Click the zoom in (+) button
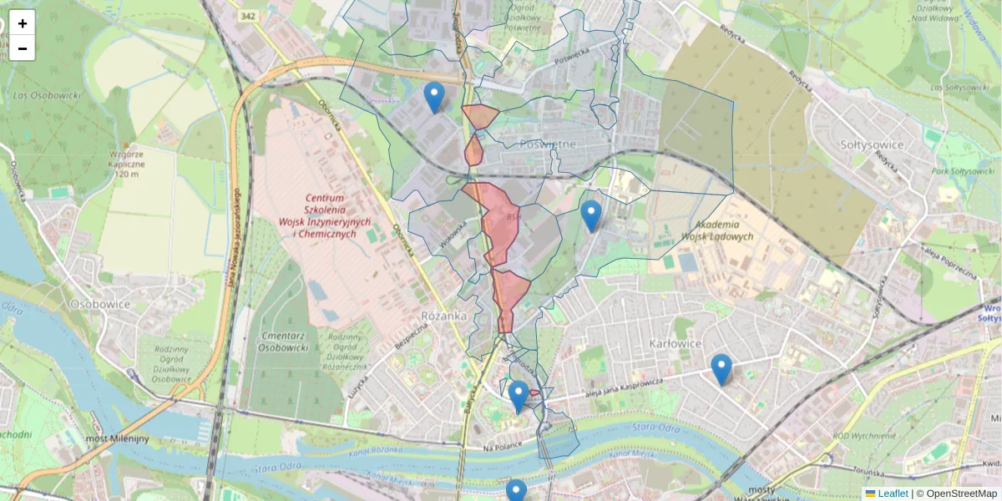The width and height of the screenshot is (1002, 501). tap(23, 23)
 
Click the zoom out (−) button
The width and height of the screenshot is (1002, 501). tap(23, 48)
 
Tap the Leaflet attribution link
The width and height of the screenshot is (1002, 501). tap(892, 493)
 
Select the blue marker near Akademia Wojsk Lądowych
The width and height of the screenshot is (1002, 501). tap(591, 217)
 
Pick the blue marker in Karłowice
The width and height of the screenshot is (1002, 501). tap(721, 370)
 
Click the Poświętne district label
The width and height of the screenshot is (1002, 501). tap(548, 144)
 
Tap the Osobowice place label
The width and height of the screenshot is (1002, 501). tap(100, 304)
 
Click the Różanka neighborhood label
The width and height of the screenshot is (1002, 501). tap(444, 316)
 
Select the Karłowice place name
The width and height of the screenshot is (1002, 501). tap(679, 343)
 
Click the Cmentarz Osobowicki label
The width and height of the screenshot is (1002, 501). tap(284, 341)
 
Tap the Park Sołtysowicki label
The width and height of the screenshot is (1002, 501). tap(958, 170)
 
